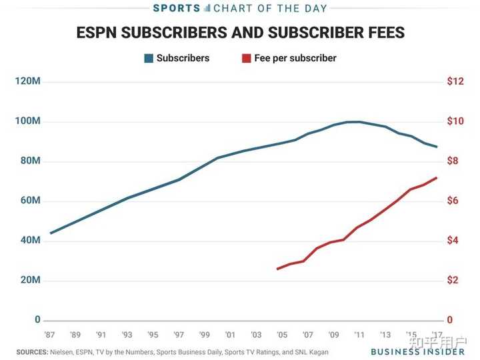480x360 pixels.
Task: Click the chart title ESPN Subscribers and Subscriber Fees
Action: pyautogui.click(x=240, y=33)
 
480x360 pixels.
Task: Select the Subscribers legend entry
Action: pyautogui.click(x=177, y=58)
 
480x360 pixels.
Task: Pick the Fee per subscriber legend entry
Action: pyautogui.click(x=289, y=58)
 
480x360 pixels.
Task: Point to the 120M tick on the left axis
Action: pyautogui.click(x=27, y=81)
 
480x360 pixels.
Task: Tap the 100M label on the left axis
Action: pyautogui.click(x=27, y=121)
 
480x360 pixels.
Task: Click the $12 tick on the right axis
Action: pyautogui.click(x=455, y=81)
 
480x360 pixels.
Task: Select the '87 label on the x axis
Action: pyautogui.click(x=49, y=335)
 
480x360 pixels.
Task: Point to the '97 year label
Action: pyautogui.click(x=179, y=335)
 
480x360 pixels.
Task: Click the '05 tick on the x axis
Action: pyautogui.click(x=282, y=335)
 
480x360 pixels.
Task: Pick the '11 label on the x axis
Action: pyautogui.click(x=359, y=335)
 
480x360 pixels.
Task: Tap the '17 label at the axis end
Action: pyautogui.click(x=436, y=335)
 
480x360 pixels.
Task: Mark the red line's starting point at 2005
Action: pyautogui.click(x=277, y=269)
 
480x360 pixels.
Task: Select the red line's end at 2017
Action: pyautogui.click(x=437, y=177)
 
